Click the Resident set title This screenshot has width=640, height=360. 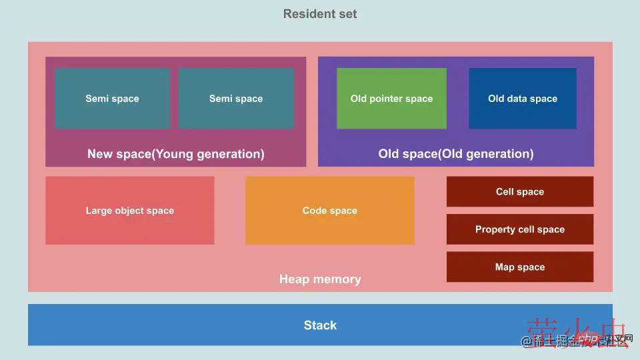tap(320, 14)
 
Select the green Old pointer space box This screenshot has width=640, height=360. tap(391, 98)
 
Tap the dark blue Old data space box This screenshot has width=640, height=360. tap(523, 98)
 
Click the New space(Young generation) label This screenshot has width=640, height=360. tap(175, 154)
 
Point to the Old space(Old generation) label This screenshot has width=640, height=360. tap(456, 154)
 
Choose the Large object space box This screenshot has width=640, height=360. tap(129, 210)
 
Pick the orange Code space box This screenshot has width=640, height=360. tap(329, 210)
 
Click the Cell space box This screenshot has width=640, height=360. tap(520, 191)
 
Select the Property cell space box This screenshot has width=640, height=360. tap(520, 229)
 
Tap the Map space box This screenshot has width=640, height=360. tap(520, 267)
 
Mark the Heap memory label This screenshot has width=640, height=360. tap(320, 279)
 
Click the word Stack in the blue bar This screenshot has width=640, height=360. tap(320, 325)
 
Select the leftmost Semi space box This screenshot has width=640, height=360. tap(112, 98)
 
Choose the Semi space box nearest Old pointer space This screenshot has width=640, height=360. tap(236, 98)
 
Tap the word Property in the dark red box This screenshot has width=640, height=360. tap(496, 229)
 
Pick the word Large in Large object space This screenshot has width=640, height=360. tap(99, 211)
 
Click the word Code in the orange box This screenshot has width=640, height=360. tap(315, 211)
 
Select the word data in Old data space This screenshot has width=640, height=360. tap(517, 99)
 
